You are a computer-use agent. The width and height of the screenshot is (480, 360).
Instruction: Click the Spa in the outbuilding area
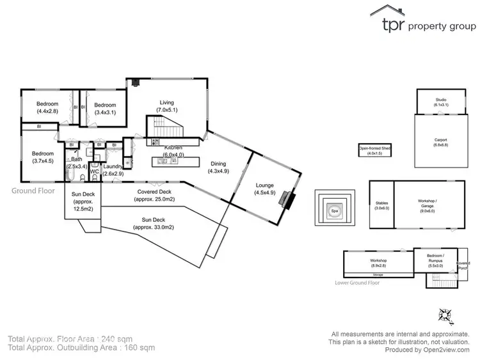333,210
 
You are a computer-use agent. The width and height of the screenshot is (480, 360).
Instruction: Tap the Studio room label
442,102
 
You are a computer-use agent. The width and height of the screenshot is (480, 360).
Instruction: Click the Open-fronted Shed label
374,150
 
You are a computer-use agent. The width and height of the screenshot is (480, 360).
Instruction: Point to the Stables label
381,205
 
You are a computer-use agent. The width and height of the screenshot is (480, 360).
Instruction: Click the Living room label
167,106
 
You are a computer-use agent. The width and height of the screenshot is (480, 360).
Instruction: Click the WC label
94,171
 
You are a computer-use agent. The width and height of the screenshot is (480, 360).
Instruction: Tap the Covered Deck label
154,195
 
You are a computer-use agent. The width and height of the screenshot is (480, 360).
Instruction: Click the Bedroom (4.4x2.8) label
47,107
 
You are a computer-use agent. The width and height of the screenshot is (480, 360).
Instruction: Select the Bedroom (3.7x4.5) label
44,157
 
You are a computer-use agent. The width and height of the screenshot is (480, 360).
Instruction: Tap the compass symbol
446,315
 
